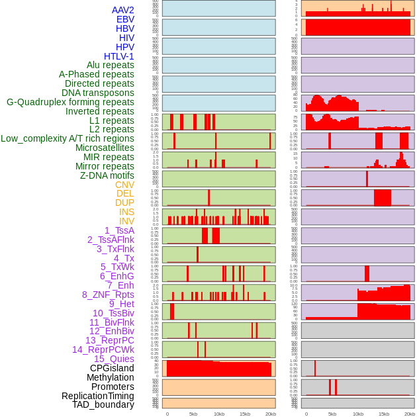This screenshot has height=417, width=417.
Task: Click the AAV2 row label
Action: point(123,10)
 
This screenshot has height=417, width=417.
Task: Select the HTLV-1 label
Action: point(119,56)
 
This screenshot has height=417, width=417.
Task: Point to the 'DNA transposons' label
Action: point(98,93)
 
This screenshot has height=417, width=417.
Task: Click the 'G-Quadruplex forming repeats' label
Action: point(70,102)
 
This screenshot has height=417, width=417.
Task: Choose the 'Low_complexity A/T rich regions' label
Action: point(68,138)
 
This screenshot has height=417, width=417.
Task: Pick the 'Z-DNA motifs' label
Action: point(107,175)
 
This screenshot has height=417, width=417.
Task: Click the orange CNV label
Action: point(124,185)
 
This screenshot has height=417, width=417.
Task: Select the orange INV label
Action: point(126,221)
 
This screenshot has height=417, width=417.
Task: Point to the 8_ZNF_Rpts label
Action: point(108,295)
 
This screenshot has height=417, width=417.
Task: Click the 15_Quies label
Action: point(114,359)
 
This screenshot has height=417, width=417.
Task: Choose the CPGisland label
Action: point(112,368)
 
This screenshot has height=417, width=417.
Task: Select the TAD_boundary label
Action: point(103,404)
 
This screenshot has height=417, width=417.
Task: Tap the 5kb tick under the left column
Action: point(193,414)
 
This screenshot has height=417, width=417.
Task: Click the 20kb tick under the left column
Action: point(271,414)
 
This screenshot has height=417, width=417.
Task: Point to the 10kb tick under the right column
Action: point(357,414)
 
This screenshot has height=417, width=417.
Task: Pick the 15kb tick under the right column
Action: point(384,414)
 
